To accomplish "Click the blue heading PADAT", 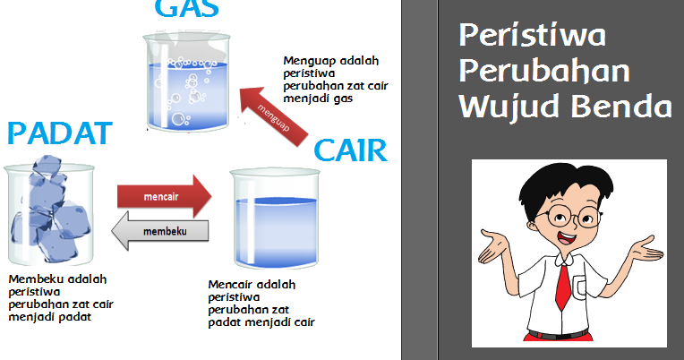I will pyautogui.click(x=59, y=135).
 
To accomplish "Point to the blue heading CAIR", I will pyautogui.click(x=350, y=150).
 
